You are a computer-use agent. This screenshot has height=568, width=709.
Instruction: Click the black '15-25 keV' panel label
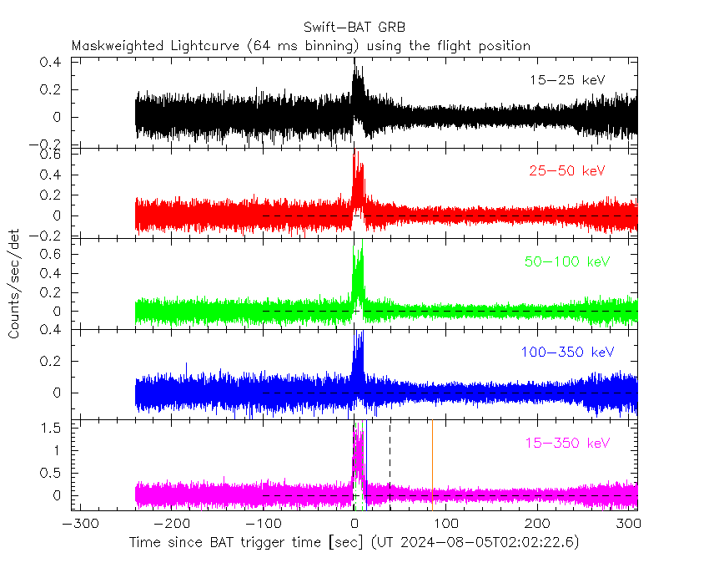coord(567,80)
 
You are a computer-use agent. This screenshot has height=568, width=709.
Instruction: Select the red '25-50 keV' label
coord(567,171)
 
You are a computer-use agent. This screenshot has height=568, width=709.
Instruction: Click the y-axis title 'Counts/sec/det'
coord(14,284)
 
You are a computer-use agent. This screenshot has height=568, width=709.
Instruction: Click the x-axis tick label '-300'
coord(77,525)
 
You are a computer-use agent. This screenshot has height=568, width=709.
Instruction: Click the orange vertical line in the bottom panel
coord(432,464)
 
